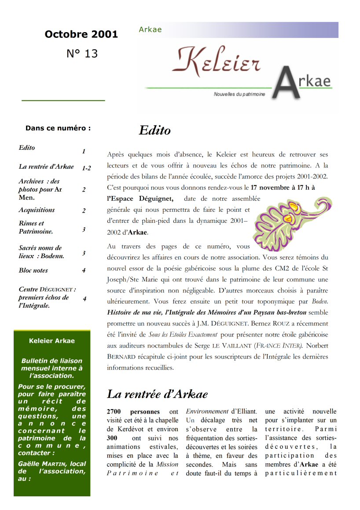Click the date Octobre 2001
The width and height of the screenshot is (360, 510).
(x=81, y=34)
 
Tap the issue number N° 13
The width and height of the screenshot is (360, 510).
(x=82, y=54)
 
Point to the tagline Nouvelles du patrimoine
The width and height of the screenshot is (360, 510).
(x=239, y=95)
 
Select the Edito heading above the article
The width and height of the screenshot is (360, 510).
(x=154, y=130)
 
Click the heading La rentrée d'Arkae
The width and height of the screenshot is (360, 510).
(x=157, y=394)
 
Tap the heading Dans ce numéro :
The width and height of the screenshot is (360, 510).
(x=58, y=128)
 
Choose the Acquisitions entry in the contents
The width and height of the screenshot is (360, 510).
(x=37, y=210)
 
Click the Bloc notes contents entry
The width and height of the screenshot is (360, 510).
(x=33, y=270)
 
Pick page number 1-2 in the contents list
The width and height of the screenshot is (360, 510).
(x=86, y=168)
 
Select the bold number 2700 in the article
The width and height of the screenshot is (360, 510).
(x=116, y=411)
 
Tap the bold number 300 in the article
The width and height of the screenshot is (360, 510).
(x=113, y=438)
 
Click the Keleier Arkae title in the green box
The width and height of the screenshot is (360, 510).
(x=51, y=340)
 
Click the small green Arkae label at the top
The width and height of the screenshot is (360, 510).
(x=150, y=30)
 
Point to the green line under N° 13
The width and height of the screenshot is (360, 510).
(x=63, y=101)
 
